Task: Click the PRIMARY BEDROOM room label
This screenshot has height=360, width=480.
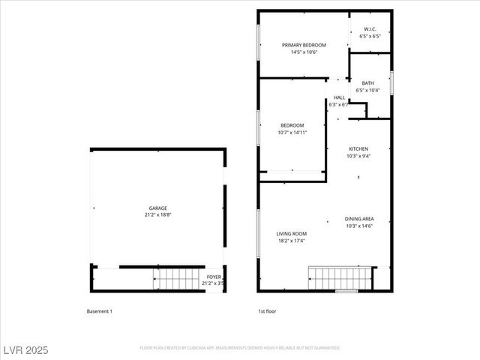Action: click(x=304, y=45)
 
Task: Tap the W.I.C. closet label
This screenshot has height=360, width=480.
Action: click(x=370, y=29)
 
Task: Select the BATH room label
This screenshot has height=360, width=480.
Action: click(x=367, y=83)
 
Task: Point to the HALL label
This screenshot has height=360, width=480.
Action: click(x=339, y=97)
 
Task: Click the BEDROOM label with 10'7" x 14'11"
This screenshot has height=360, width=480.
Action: click(x=292, y=125)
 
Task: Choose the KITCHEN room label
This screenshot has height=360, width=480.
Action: click(x=358, y=149)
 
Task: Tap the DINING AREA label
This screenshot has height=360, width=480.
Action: click(x=359, y=219)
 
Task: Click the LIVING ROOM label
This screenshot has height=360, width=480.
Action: click(x=292, y=234)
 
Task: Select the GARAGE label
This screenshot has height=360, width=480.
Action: click(x=157, y=208)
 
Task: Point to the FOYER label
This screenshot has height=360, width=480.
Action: click(x=214, y=277)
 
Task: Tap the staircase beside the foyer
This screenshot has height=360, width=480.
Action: click(x=179, y=279)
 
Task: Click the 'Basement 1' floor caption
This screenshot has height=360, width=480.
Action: click(x=99, y=310)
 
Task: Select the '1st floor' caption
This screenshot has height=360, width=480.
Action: click(x=268, y=310)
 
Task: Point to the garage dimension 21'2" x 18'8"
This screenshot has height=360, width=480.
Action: click(x=157, y=215)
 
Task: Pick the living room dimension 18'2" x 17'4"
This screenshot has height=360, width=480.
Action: click(x=292, y=241)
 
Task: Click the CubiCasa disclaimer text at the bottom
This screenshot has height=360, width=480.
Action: click(x=239, y=348)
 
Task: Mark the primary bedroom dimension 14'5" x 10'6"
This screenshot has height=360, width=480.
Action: click(x=304, y=52)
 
